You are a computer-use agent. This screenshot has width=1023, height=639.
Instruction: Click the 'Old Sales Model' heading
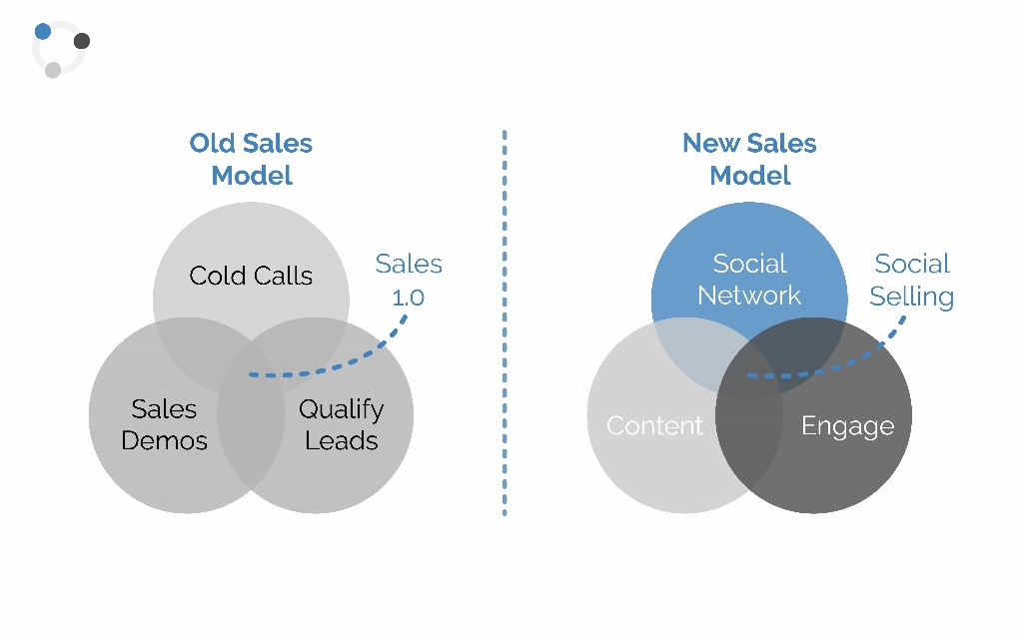tap(251, 159)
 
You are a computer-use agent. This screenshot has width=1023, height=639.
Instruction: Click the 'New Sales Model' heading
tap(749, 159)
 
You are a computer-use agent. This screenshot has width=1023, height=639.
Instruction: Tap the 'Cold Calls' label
tap(251, 276)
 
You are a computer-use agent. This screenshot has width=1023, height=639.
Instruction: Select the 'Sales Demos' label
tap(165, 425)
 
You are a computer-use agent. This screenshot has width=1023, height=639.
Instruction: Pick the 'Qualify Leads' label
tap(342, 425)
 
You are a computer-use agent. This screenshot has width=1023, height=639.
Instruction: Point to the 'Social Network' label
tap(749, 280)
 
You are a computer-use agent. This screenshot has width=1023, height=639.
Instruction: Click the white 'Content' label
tap(654, 425)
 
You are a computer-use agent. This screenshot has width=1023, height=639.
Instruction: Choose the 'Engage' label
tap(847, 426)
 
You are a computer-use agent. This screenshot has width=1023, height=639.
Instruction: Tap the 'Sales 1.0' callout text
tap(409, 281)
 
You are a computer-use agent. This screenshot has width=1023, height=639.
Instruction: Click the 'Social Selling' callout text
tap(911, 281)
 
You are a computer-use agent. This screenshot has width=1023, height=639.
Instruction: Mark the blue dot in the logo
tap(43, 31)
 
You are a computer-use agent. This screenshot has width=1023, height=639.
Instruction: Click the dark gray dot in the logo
tap(82, 41)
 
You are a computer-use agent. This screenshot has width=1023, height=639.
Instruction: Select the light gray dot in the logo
tap(53, 70)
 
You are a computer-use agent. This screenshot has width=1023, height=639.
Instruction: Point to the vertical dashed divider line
tap(505, 323)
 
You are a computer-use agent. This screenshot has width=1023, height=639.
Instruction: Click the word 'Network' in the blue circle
tap(749, 296)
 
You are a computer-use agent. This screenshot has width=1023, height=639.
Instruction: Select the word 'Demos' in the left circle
tap(165, 440)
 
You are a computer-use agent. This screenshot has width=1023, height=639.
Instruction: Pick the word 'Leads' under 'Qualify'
tap(342, 441)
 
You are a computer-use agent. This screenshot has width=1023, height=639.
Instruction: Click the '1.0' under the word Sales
tap(409, 298)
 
